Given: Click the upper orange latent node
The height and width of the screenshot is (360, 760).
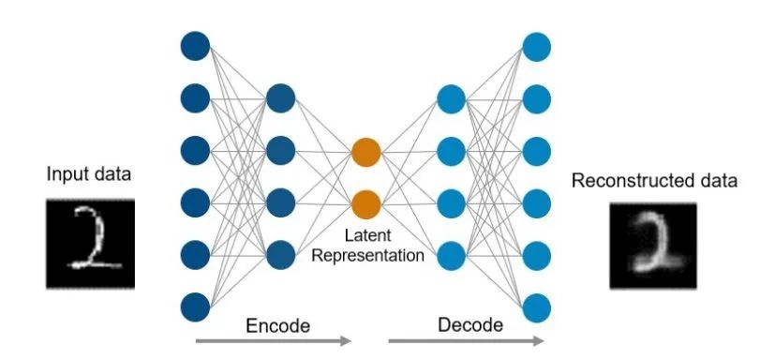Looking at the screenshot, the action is click(x=366, y=152).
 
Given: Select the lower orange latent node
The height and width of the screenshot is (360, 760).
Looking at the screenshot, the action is click(x=366, y=204).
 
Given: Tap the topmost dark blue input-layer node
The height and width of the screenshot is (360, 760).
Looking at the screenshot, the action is click(x=195, y=46).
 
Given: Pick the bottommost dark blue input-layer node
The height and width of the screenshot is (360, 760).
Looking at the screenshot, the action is click(x=195, y=307).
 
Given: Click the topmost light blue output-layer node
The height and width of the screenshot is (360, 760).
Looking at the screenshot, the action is click(x=537, y=47).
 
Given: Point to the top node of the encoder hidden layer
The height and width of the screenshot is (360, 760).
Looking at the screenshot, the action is click(x=280, y=98).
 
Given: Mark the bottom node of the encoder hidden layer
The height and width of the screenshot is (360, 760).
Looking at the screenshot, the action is click(x=280, y=255).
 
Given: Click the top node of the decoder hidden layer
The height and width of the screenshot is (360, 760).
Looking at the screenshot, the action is click(x=452, y=99).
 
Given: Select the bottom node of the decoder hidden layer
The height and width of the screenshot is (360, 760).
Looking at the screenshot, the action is click(x=452, y=256).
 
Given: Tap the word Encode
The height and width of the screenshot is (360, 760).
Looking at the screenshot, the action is click(x=277, y=325).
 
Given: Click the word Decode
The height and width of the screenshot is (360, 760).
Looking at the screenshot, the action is click(x=470, y=325).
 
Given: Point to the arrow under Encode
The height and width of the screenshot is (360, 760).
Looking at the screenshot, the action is click(x=274, y=341).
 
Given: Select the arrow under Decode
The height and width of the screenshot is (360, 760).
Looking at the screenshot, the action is click(x=466, y=341).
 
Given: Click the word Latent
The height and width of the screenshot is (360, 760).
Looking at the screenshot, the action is click(x=367, y=236).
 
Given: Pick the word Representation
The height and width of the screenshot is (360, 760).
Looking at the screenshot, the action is click(x=367, y=256).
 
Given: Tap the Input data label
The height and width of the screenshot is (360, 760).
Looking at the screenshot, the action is click(x=89, y=174).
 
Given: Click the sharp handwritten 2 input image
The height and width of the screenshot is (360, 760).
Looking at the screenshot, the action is click(x=90, y=244).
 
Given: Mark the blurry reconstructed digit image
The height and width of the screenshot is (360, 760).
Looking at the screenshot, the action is click(x=653, y=246).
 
